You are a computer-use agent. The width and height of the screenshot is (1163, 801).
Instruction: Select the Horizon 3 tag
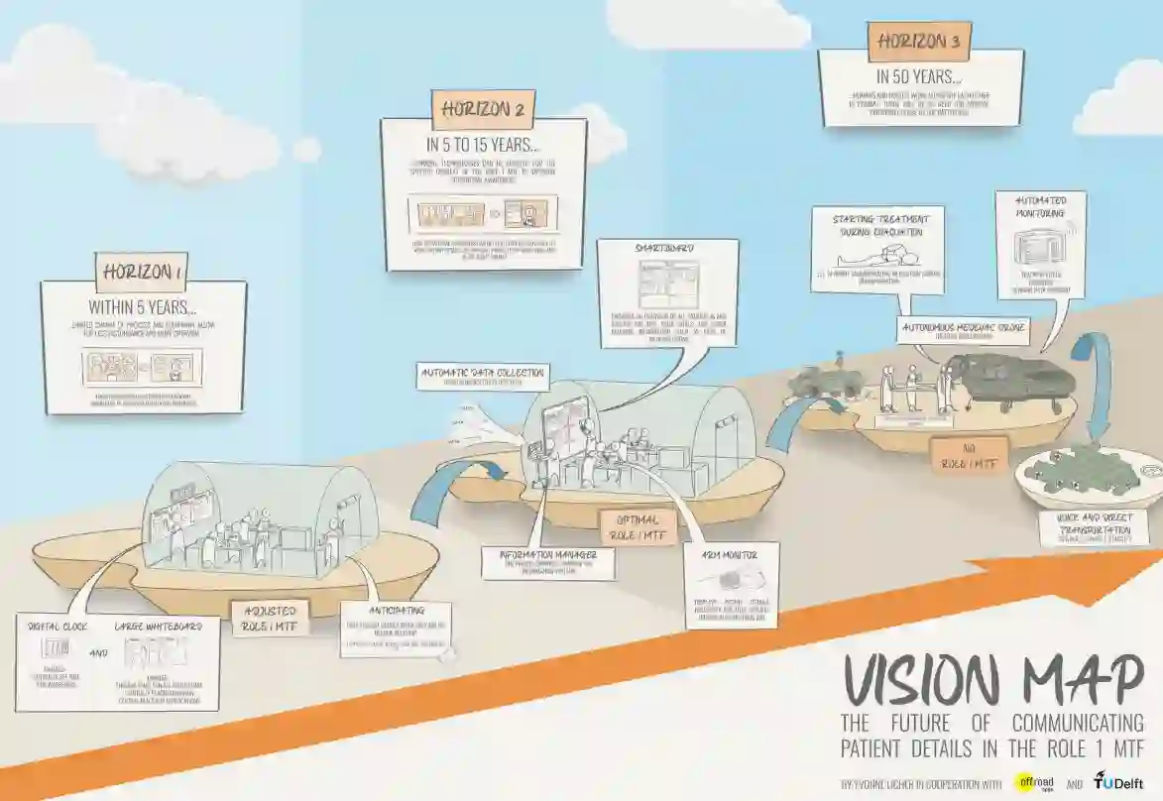click(x=919, y=43)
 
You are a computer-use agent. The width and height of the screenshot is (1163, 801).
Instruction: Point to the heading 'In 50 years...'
click(x=919, y=75)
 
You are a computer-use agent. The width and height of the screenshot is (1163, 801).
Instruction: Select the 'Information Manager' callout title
click(x=547, y=555)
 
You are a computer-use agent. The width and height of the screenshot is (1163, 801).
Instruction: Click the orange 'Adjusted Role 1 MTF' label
click(x=269, y=618)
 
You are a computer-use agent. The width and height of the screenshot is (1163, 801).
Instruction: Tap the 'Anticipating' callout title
click(x=396, y=611)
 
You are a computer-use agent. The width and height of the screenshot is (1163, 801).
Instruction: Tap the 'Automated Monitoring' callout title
click(x=1039, y=206)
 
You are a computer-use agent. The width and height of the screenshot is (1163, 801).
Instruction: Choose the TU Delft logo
click(x=1118, y=781)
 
